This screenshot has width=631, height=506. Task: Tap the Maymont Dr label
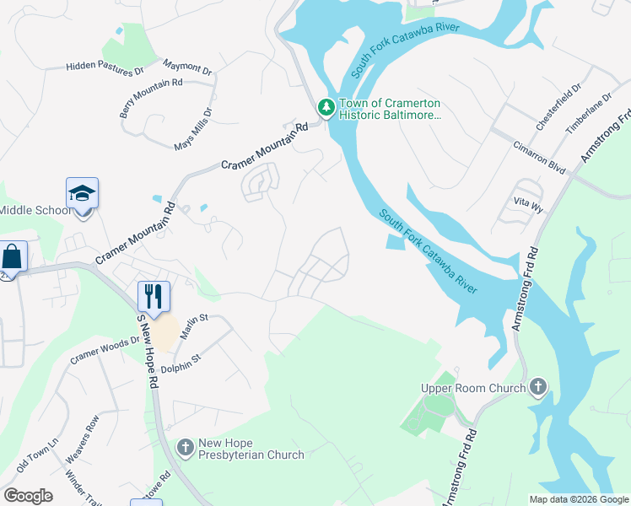click(x=188, y=67)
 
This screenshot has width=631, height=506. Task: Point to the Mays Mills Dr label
click(x=193, y=129)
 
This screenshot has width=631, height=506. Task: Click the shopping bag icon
click(x=13, y=256)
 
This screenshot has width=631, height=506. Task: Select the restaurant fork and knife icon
click(x=154, y=296)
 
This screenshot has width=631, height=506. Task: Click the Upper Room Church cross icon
click(x=537, y=388)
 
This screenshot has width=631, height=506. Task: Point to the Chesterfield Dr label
click(x=558, y=107)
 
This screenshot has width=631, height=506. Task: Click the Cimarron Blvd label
click(x=539, y=156)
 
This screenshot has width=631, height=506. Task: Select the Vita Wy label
click(x=526, y=202)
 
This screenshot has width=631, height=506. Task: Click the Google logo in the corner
click(x=28, y=496)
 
